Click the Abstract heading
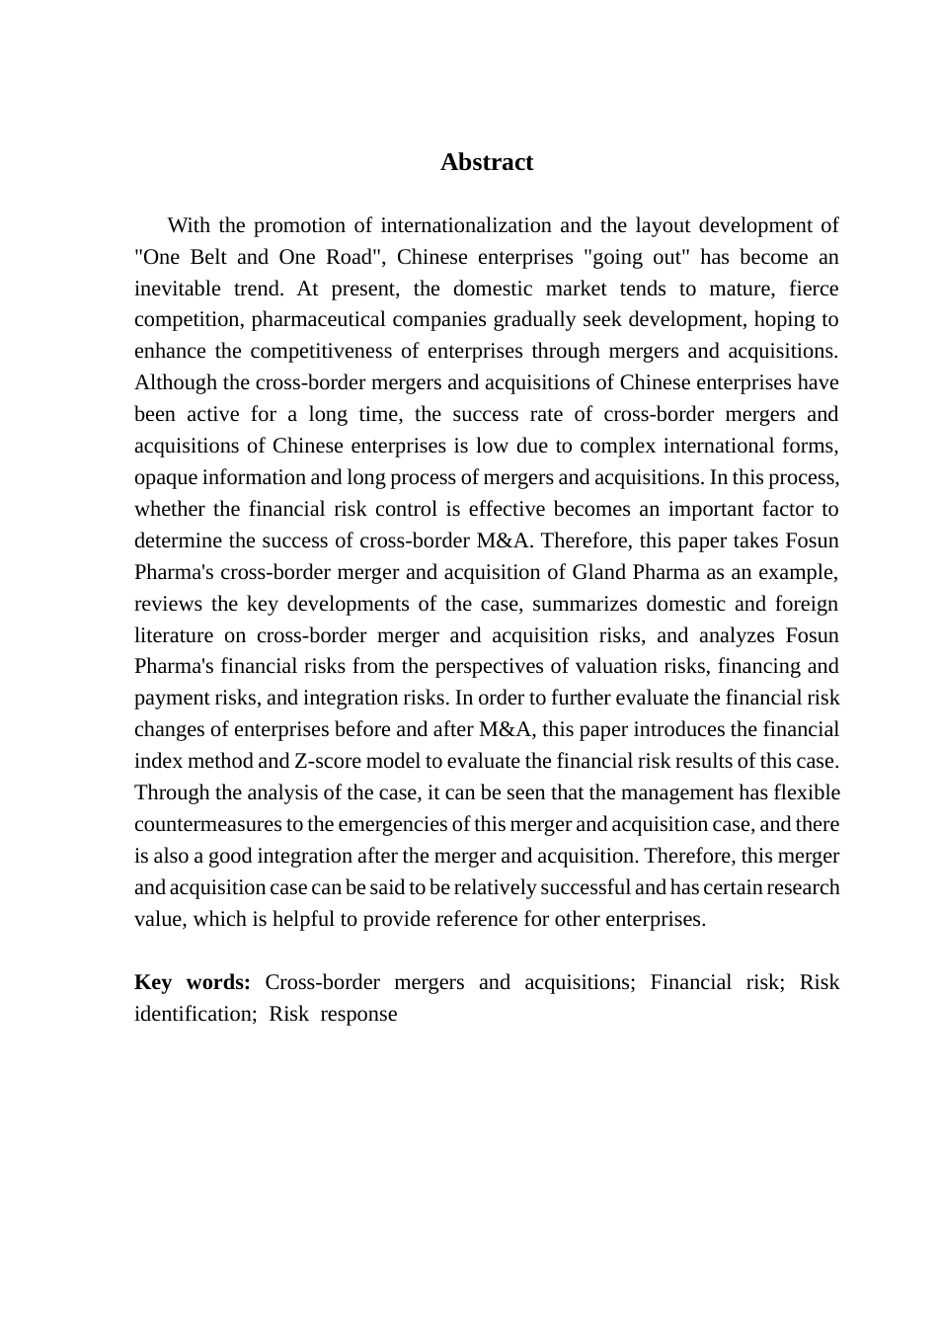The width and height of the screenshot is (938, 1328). [487, 162]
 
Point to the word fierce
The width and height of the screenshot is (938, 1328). [814, 289]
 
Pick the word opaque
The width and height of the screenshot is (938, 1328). [166, 477]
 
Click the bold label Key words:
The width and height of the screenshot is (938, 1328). [193, 982]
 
